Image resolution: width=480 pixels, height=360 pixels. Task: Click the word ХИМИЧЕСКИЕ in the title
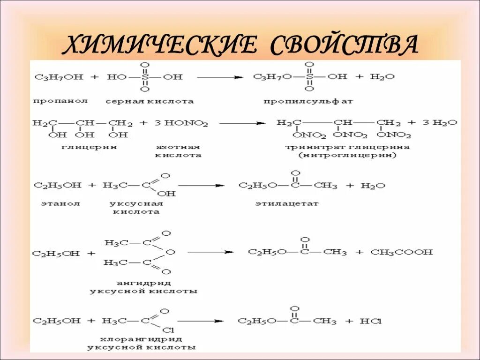point(159,45)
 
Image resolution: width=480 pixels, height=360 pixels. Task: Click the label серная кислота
point(150,101)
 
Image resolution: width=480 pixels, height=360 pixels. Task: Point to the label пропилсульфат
point(308,101)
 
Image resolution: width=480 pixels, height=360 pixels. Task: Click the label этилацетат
point(287,203)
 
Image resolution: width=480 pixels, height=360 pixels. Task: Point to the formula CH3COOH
point(402,252)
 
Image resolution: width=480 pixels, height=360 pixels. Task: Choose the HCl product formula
point(371,322)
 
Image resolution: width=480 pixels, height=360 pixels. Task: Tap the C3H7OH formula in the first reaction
point(59,76)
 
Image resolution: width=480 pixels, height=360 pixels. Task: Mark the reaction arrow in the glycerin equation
point(242,123)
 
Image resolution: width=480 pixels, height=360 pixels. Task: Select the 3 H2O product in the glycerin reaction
point(439,123)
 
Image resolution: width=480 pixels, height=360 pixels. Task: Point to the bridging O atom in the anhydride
point(170,252)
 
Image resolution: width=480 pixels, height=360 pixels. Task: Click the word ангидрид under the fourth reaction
point(144,283)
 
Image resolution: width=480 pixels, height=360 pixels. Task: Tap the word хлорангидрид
point(141,339)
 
